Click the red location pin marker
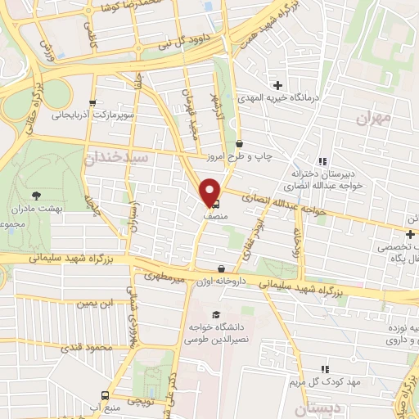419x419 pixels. (x=210, y=191)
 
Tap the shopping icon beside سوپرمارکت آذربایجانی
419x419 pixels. (x=92, y=103)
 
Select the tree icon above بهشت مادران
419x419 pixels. (x=36, y=196)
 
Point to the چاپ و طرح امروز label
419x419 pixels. (x=264, y=155)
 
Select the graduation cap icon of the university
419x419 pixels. (x=215, y=314)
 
